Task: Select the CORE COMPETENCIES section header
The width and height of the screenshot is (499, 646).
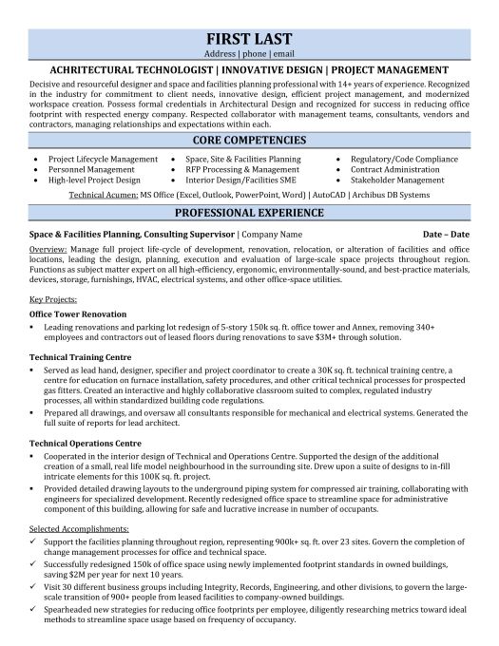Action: pos(249,139)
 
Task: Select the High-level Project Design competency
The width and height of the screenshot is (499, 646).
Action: pos(96,180)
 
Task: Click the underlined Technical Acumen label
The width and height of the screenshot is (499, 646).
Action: pos(106,194)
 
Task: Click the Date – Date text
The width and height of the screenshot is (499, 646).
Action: pos(446,233)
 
